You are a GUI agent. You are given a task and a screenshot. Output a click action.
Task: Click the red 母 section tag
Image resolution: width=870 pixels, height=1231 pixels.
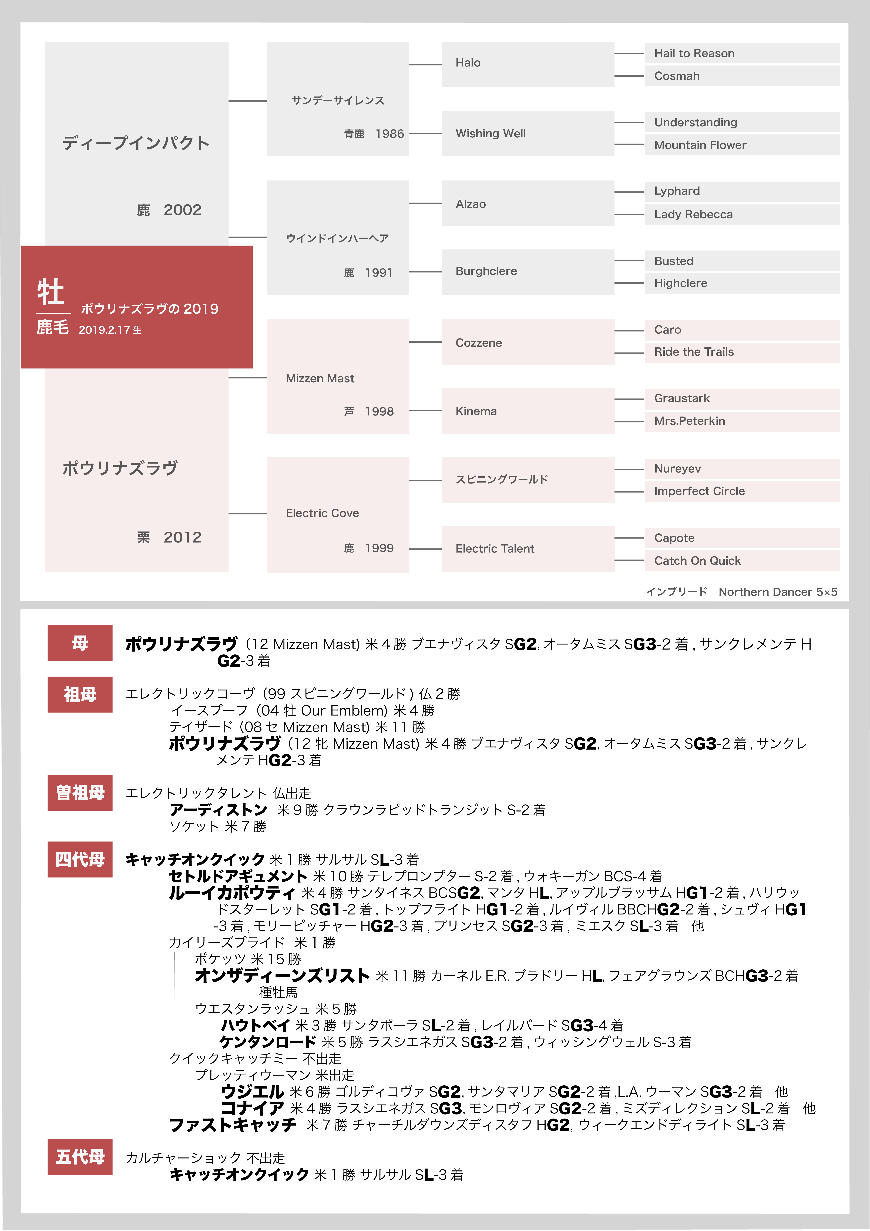(x=80, y=643)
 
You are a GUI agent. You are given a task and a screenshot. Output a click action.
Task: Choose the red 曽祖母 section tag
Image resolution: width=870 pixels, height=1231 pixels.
(x=80, y=792)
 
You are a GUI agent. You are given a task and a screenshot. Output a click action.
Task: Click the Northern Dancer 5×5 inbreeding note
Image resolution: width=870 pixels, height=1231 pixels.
(x=777, y=592)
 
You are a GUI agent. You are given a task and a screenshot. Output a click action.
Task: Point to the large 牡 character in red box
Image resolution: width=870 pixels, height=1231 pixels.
(x=51, y=292)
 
